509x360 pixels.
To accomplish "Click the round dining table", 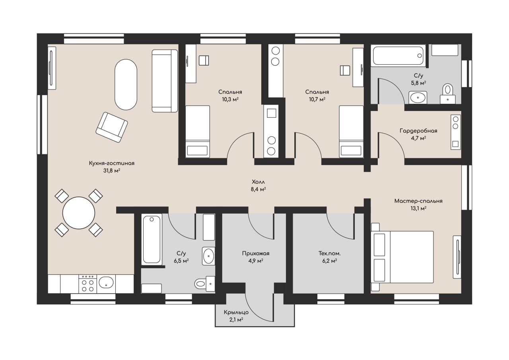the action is click(79, 213).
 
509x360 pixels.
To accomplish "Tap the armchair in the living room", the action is click(112, 127).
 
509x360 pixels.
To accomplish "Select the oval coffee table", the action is click(126, 85).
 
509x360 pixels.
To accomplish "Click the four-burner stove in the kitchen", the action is click(88, 284).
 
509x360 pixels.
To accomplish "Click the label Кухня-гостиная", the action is click(112, 163).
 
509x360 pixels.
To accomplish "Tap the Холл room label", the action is click(258, 182).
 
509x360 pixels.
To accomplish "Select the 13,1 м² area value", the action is click(418, 208).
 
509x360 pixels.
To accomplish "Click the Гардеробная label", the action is click(418, 131).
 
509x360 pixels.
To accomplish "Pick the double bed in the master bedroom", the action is click(402, 257).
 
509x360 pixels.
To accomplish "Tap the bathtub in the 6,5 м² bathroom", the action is click(152, 239).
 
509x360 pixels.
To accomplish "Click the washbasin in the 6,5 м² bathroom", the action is click(208, 256).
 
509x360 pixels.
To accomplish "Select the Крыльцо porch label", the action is click(236, 312).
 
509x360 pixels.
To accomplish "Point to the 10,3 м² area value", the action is click(230, 99).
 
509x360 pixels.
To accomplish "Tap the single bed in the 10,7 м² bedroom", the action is click(351, 131).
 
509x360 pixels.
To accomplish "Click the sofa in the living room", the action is click(165, 81).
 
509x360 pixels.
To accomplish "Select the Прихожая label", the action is click(256, 253).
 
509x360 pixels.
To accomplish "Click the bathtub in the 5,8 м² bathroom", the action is click(398, 55).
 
